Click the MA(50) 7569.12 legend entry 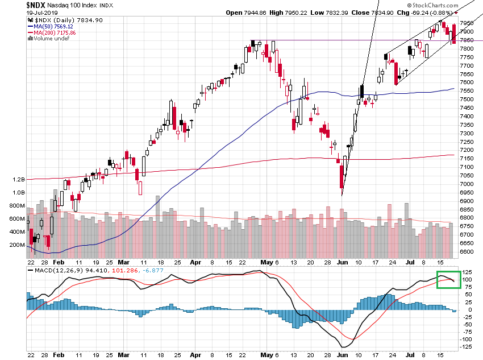(54, 26)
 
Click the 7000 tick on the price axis (467, 184)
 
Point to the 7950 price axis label (467, 23)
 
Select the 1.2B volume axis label (18, 179)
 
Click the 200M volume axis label (16, 245)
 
